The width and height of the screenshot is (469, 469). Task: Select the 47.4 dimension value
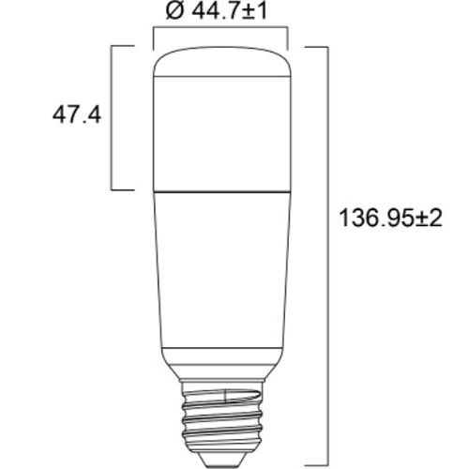point(76,117)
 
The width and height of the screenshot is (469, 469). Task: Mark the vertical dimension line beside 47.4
point(114,117)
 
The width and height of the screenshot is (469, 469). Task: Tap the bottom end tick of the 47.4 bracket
point(126,189)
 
